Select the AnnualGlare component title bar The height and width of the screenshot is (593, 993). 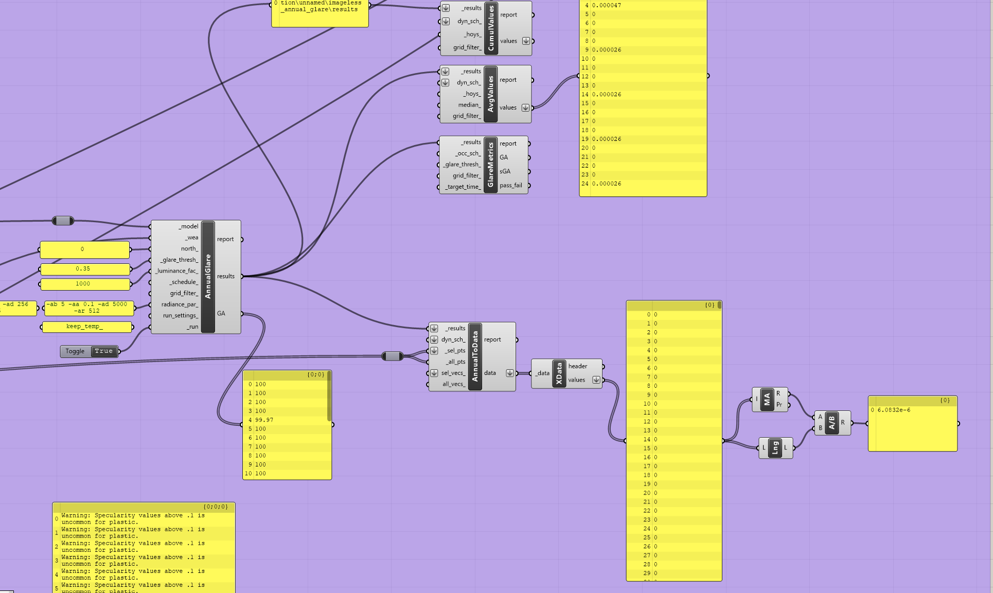(x=208, y=277)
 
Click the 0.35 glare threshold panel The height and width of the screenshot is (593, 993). (x=85, y=269)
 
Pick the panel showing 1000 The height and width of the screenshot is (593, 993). (x=85, y=284)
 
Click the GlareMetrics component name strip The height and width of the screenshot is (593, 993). (x=490, y=165)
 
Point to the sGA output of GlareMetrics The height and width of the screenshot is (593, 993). (x=505, y=171)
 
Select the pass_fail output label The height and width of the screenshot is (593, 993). (x=511, y=185)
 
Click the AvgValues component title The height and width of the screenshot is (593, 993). (x=490, y=94)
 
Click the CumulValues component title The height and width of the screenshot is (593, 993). (x=491, y=28)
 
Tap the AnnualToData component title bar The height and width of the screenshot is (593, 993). (x=475, y=356)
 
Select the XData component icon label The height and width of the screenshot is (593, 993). (x=559, y=373)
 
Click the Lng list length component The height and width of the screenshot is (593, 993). (x=776, y=447)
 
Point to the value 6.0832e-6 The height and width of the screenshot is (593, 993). (x=894, y=410)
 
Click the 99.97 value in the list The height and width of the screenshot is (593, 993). (x=264, y=420)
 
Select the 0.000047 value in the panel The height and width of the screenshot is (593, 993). (x=607, y=5)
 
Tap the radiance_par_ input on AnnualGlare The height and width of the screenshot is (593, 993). (x=180, y=304)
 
